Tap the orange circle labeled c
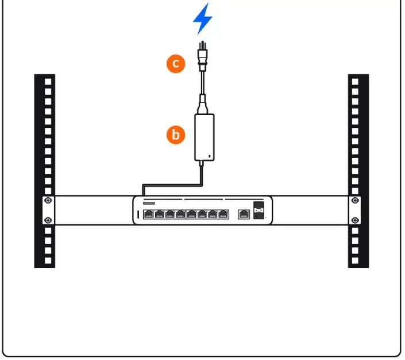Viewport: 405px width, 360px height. click(x=176, y=63)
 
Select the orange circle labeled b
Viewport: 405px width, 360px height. click(x=176, y=135)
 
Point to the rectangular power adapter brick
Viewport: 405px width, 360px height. click(x=205, y=137)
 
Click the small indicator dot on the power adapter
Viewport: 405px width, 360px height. click(x=210, y=156)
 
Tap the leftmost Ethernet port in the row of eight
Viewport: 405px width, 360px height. click(x=149, y=214)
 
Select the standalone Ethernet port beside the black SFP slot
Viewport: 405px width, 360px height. click(x=243, y=214)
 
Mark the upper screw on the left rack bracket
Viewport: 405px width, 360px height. click(x=48, y=201)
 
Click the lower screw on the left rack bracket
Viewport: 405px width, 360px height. click(x=48, y=220)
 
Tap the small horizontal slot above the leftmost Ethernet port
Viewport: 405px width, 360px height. click(x=148, y=203)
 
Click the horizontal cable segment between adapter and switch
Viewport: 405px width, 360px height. click(x=172, y=185)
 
